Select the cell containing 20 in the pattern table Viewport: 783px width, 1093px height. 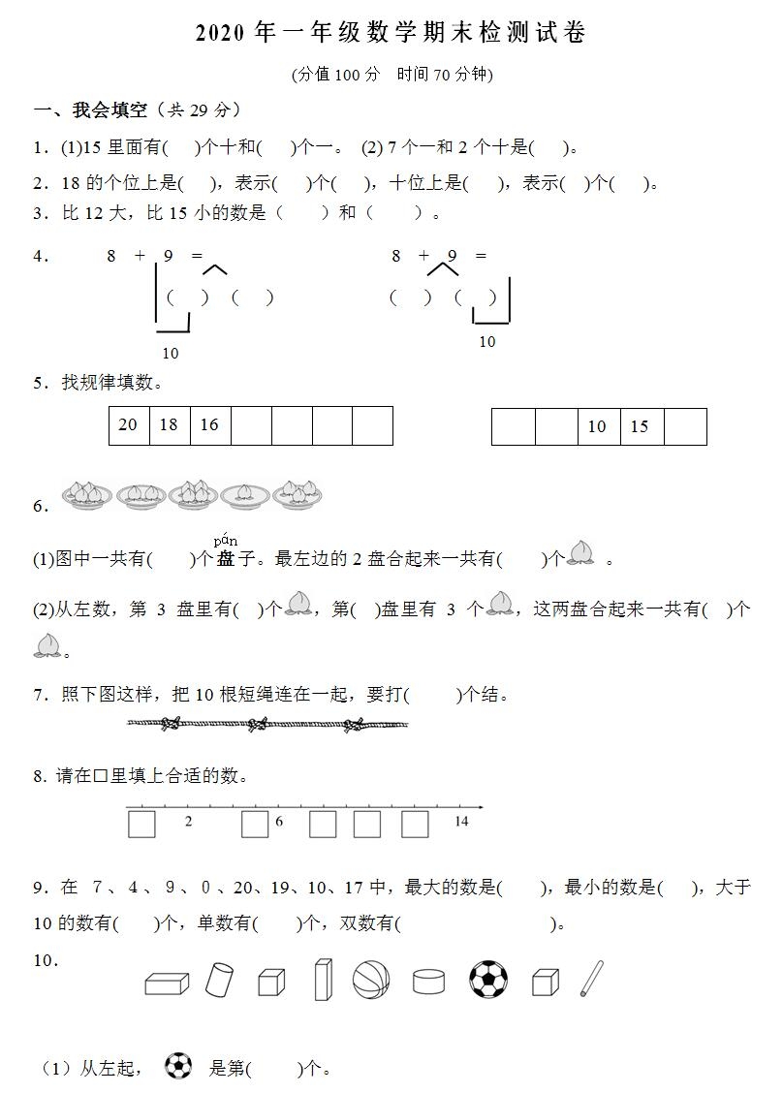(129, 425)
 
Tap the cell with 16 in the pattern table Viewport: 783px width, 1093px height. (209, 425)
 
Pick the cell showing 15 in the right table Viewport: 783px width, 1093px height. (640, 426)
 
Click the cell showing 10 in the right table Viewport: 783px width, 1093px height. (598, 426)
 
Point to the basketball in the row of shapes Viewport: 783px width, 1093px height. (371, 980)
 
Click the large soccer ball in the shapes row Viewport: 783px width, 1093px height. (488, 979)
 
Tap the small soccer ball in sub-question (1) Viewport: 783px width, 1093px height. (178, 1066)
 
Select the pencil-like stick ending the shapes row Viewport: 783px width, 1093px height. (591, 979)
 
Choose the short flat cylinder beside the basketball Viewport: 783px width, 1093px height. (428, 982)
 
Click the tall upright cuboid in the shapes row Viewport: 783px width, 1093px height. (323, 979)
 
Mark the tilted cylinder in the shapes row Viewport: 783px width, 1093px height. (219, 980)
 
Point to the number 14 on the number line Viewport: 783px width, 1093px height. (461, 822)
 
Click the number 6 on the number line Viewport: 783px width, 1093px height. (279, 822)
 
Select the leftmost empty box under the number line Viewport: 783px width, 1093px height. (142, 825)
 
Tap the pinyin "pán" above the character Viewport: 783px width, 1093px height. (226, 541)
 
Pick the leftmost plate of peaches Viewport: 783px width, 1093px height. (87, 495)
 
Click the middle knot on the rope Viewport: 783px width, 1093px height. (258, 724)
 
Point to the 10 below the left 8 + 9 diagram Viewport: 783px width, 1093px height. (171, 354)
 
